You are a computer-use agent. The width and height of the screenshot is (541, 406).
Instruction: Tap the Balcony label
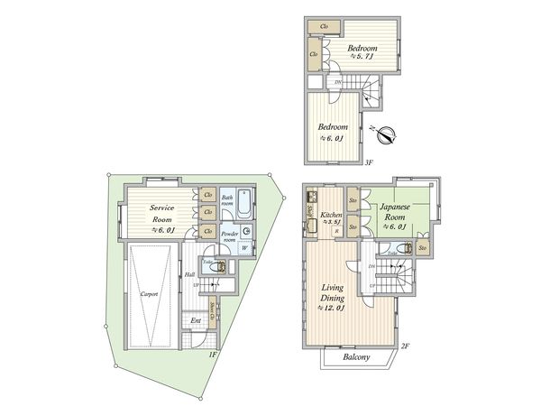pyautogui.click(x=356, y=358)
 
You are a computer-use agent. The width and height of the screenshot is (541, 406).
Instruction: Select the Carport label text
pyautogui.click(x=150, y=294)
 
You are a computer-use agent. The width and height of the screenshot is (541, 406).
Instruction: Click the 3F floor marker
pyautogui.click(x=369, y=163)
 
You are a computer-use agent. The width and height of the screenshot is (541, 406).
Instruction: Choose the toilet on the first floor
pyautogui.click(x=209, y=267)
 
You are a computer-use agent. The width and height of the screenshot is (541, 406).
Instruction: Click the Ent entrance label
pyautogui.click(x=196, y=321)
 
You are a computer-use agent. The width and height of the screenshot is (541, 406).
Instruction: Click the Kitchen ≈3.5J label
pyautogui.click(x=329, y=219)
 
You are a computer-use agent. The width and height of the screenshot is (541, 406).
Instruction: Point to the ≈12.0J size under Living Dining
pyautogui.click(x=333, y=309)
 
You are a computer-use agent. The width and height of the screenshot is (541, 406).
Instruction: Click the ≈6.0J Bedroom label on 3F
pyautogui.click(x=332, y=134)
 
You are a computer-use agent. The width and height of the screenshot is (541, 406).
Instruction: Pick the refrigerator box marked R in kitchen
pyautogui.click(x=337, y=232)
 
